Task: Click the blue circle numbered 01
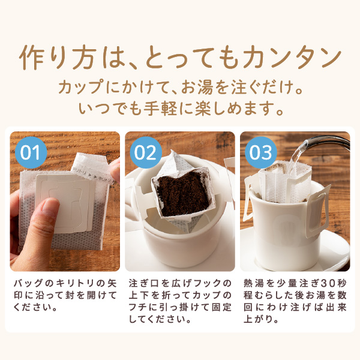[31, 152]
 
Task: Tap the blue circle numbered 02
[146, 152]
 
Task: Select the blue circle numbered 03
[261, 152]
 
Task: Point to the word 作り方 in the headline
[57, 58]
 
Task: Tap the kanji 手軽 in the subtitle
[160, 108]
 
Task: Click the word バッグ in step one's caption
[29, 283]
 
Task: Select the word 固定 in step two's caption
[221, 307]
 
